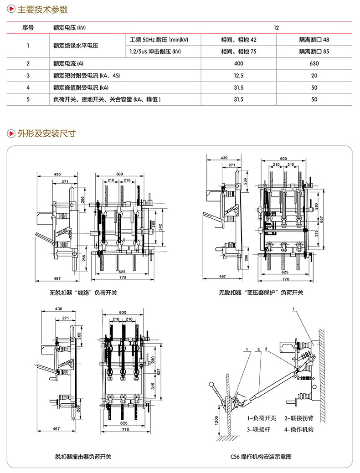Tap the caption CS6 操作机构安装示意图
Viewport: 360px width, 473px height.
(266, 456)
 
